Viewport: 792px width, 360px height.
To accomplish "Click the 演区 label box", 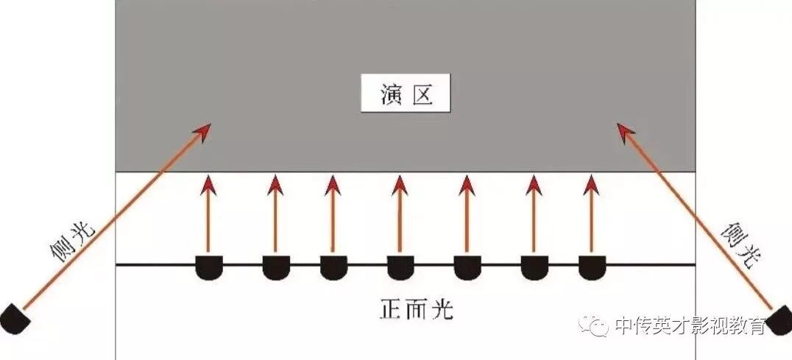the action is pyautogui.click(x=406, y=95).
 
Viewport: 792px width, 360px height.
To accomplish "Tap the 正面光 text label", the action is pyautogui.click(x=417, y=309).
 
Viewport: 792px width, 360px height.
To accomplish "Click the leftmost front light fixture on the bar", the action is pyautogui.click(x=210, y=268).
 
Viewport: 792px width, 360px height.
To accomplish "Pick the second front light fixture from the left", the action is pyautogui.click(x=276, y=268).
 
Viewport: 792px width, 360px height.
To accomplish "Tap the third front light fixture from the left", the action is pyautogui.click(x=333, y=268).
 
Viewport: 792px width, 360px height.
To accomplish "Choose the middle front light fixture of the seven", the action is pyautogui.click(x=400, y=268).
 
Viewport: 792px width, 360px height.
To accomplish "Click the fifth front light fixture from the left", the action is pyautogui.click(x=467, y=268).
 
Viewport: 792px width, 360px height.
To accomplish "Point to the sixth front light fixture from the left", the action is pyautogui.click(x=534, y=268).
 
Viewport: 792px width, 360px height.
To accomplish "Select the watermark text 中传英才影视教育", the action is pyautogui.click(x=690, y=325).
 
